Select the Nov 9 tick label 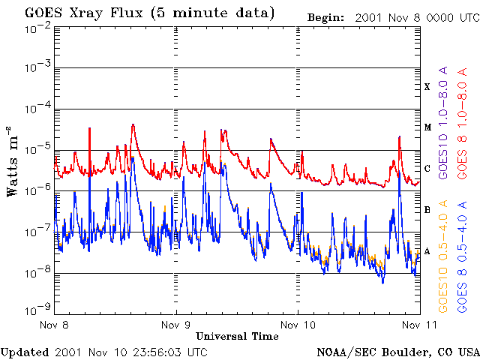pyautogui.click(x=175, y=325)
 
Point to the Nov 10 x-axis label pyautogui.click(x=298, y=325)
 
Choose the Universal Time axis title pyautogui.click(x=237, y=336)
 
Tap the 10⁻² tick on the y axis pyautogui.click(x=37, y=28)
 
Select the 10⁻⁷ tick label pyautogui.click(x=37, y=232)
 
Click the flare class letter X pyautogui.click(x=427, y=87)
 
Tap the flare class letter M pyautogui.click(x=427, y=127)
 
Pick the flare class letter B pyautogui.click(x=427, y=210)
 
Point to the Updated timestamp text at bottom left pyautogui.click(x=104, y=352)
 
